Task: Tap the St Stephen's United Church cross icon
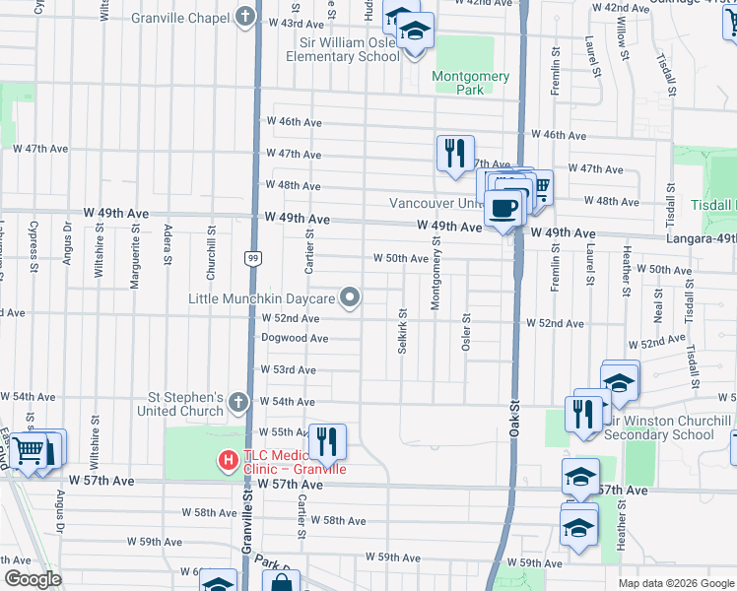(237, 402)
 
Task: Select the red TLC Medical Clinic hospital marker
(228, 459)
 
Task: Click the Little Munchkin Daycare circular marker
(350, 296)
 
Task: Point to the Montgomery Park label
(471, 83)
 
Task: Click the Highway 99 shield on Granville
(253, 257)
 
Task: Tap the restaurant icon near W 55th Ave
(327, 441)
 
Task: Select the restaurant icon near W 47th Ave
(455, 153)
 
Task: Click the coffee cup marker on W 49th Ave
(503, 208)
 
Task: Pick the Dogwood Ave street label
(295, 338)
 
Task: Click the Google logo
(33, 579)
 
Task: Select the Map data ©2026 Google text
(676, 583)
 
